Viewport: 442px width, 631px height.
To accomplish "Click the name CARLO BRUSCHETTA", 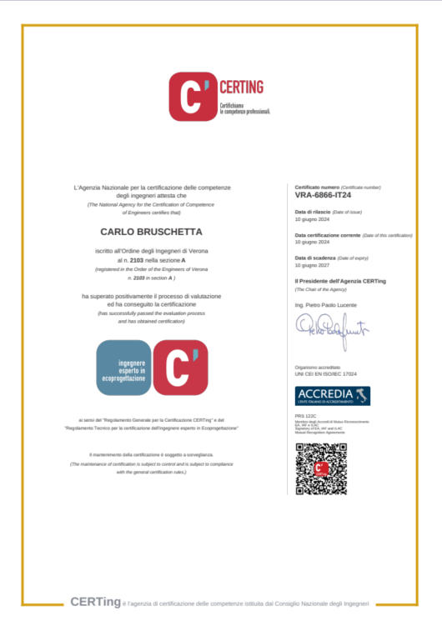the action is (151, 231).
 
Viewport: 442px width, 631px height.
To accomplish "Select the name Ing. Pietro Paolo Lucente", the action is (325, 306).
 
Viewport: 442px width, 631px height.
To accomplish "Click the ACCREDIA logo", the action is (333, 395).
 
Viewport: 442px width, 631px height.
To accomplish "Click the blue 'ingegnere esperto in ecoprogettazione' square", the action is (123, 368).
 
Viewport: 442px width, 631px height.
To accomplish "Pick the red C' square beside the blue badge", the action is (180, 368).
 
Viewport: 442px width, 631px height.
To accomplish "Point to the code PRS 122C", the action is (306, 414).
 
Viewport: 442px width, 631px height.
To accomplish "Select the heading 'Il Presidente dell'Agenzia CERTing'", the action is (340, 281).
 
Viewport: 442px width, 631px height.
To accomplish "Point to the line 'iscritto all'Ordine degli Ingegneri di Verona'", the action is (151, 250).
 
